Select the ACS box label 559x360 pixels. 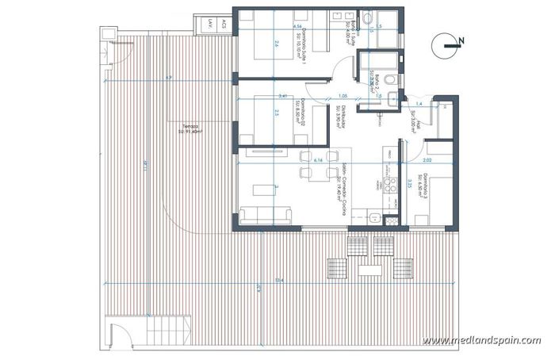tap(224, 24)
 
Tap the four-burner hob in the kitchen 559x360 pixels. tap(389, 186)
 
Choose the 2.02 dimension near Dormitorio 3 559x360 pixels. tap(427, 160)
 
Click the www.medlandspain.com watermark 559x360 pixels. tap(481, 341)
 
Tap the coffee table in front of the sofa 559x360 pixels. tap(264, 190)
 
